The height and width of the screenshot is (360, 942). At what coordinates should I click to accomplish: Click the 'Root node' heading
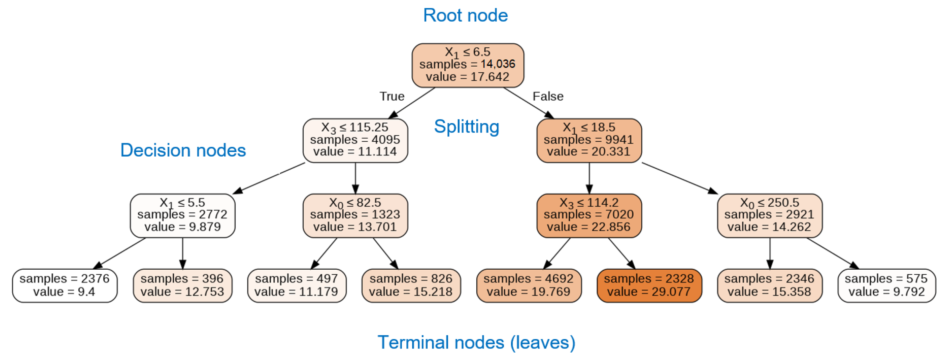[x=465, y=15]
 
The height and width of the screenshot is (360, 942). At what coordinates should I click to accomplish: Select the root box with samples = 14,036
[x=467, y=65]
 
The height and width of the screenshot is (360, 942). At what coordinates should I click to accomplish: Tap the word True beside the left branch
[x=392, y=96]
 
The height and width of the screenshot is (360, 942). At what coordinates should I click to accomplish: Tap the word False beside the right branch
[x=548, y=96]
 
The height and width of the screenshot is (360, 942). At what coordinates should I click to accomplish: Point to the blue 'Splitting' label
[x=466, y=127]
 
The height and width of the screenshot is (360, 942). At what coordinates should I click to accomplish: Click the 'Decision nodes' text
[x=183, y=150]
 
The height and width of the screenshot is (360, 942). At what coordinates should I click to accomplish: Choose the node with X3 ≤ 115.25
[x=355, y=140]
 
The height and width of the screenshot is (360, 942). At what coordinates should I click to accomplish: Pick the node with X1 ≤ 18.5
[x=589, y=140]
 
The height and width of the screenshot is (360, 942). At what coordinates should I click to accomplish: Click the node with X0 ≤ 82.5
[x=355, y=215]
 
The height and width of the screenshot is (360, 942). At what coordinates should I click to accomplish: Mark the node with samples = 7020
[x=589, y=215]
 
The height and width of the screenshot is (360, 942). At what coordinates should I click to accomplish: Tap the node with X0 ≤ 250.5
[x=769, y=215]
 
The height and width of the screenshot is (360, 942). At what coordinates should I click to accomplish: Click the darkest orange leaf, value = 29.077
[x=649, y=285]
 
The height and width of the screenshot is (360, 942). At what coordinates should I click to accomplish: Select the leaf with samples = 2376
[x=64, y=285]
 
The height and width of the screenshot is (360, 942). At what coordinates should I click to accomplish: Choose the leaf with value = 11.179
[x=296, y=285]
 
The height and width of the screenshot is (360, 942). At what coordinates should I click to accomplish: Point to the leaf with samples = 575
[x=886, y=285]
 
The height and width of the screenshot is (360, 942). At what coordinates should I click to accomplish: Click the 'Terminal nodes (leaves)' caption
[x=476, y=343]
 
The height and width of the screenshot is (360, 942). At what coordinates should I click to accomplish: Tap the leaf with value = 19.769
[x=528, y=285]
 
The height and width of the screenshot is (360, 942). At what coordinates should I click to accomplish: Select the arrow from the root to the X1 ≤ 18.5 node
[x=528, y=103]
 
